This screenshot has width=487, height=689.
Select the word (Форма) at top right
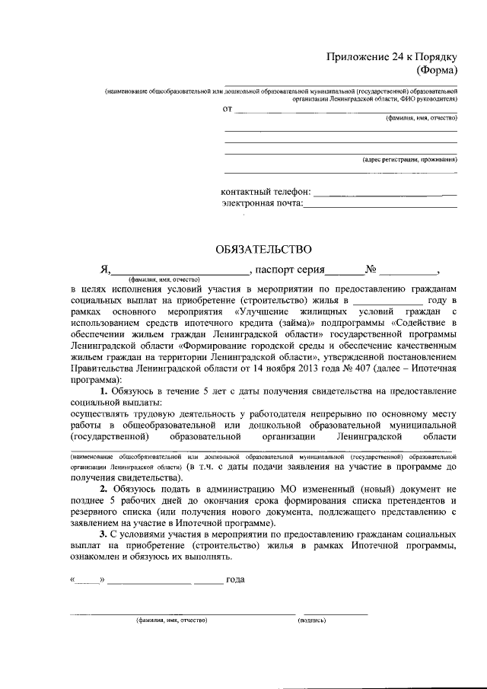436,71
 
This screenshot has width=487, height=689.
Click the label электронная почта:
263,203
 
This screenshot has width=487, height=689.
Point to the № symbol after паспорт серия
371,269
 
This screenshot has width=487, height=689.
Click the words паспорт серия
290,269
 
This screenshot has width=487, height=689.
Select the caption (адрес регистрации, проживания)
409,160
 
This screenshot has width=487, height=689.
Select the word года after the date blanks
236,579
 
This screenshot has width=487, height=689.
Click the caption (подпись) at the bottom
311,621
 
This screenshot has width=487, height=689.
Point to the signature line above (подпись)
335,614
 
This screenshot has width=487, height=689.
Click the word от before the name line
227,109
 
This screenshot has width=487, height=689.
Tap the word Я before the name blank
106,269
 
